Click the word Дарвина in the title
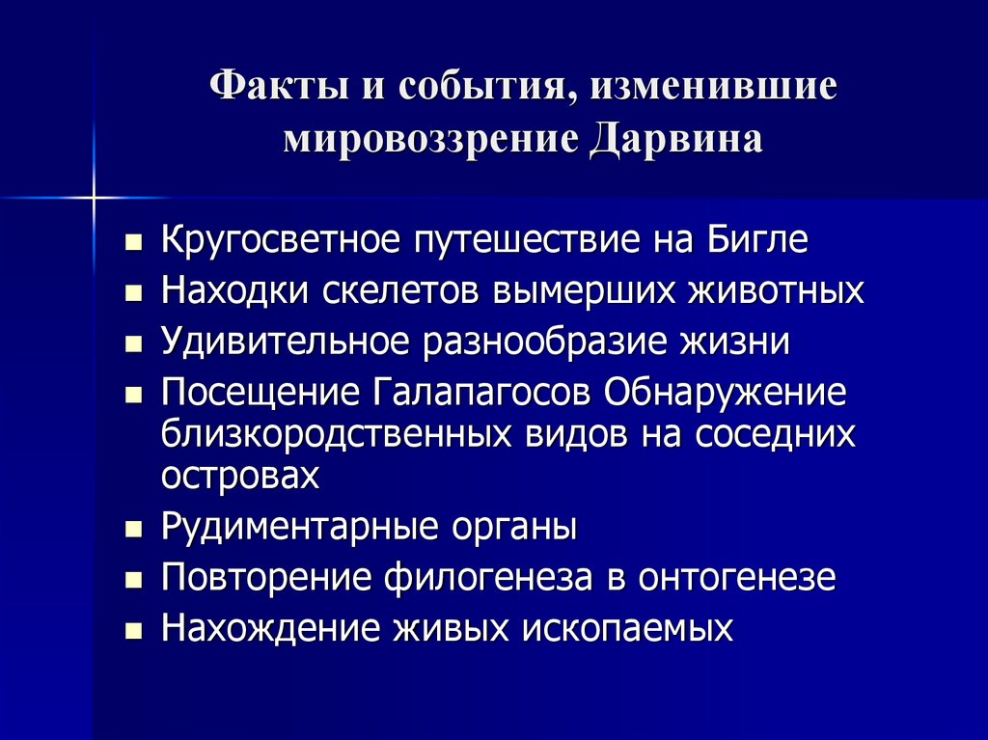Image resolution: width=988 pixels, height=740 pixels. click(676, 140)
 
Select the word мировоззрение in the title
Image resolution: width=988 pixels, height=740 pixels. click(430, 141)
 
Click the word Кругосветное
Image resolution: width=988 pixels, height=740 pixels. click(281, 240)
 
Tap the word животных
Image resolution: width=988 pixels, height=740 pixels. click(776, 290)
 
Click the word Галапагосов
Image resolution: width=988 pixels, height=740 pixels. click(480, 392)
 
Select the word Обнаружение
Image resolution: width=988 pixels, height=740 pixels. click(725, 393)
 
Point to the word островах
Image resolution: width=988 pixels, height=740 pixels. click(240, 477)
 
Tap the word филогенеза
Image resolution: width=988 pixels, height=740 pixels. click(488, 577)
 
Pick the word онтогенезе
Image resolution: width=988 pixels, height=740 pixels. click(736, 577)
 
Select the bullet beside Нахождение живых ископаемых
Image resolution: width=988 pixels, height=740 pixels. click(133, 630)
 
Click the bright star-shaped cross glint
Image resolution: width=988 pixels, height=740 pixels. click(94, 198)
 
